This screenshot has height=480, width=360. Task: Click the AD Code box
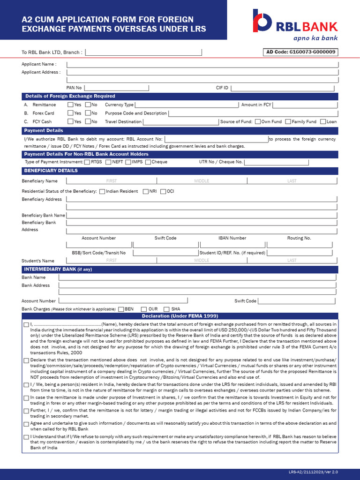301,52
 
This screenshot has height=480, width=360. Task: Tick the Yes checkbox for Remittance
70,105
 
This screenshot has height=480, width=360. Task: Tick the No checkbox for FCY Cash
87,122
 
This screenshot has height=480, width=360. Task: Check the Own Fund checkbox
257,122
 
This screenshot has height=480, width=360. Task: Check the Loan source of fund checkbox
323,122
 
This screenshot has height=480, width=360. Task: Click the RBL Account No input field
216,139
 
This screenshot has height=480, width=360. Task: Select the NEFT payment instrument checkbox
108,162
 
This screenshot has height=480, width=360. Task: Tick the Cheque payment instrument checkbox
148,162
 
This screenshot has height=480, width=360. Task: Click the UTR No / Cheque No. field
277,162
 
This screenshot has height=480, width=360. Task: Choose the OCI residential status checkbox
163,191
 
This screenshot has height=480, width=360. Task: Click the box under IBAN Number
232,245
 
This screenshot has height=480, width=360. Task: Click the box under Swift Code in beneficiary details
165,245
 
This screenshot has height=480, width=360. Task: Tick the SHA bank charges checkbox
166,309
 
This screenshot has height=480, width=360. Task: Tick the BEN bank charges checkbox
121,309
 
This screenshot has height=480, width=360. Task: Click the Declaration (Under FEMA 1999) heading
180,316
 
